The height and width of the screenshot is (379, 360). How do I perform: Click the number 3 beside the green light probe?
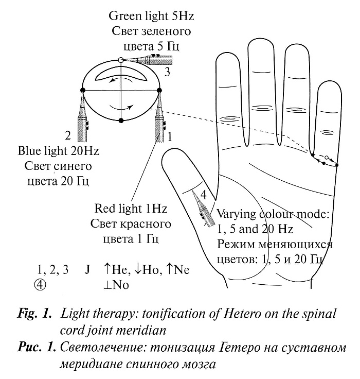pyautogui.click(x=167, y=72)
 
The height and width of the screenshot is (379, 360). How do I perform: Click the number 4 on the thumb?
pyautogui.click(x=204, y=195)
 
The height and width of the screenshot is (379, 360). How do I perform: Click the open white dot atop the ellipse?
pyautogui.click(x=120, y=60)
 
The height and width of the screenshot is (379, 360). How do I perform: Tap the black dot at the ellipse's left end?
pyautogui.click(x=83, y=90)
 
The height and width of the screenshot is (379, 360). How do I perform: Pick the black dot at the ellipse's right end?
pyautogui.click(x=158, y=90)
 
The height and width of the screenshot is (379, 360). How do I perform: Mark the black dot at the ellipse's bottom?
pyautogui.click(x=120, y=120)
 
